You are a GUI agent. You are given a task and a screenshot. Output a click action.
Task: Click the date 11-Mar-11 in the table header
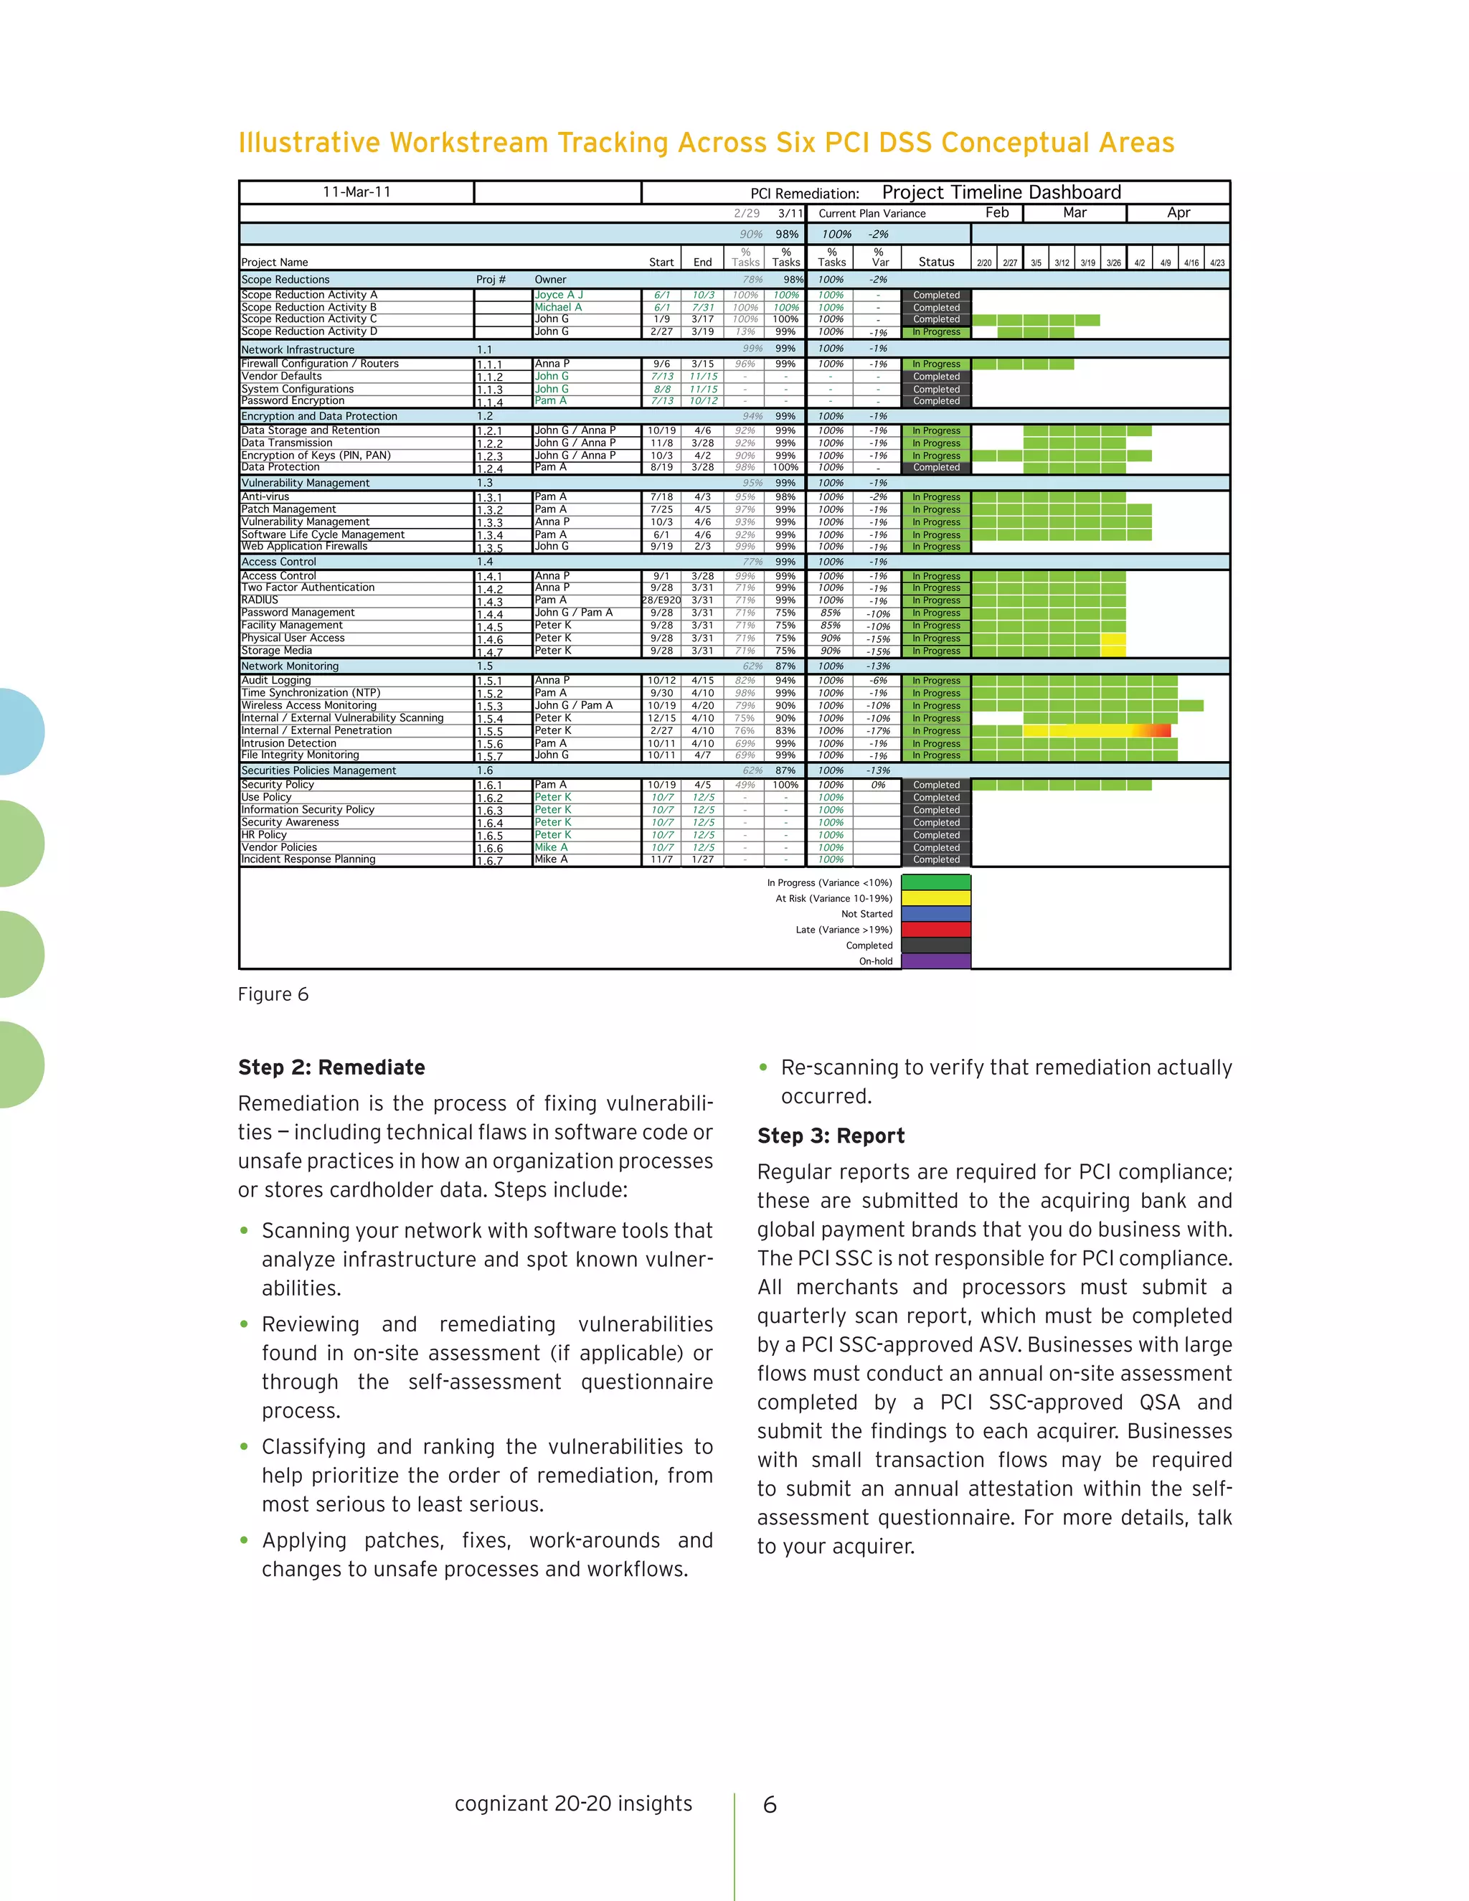tap(356, 192)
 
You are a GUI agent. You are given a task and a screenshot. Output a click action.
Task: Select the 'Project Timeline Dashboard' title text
tap(1001, 192)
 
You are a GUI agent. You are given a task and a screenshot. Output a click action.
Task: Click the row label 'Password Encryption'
tap(293, 401)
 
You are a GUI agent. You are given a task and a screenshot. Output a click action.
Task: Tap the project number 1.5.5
tap(489, 732)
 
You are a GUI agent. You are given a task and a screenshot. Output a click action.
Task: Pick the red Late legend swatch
tap(935, 930)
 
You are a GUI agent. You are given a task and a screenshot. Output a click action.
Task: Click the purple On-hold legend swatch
tap(935, 961)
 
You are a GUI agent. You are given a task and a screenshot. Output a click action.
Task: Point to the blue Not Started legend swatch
tap(935, 914)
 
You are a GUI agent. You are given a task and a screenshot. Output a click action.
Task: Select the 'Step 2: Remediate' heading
tap(331, 1067)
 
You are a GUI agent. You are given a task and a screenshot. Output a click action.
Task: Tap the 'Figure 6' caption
tap(273, 994)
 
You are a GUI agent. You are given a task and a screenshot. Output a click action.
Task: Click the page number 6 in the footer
tap(770, 1804)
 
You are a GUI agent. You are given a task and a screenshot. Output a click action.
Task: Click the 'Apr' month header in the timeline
tap(1178, 213)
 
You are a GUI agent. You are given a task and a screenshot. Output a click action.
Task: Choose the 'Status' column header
tap(936, 262)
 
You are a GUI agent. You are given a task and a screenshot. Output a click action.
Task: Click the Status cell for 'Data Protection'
tap(936, 468)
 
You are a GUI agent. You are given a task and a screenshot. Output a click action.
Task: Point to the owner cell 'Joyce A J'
tap(559, 295)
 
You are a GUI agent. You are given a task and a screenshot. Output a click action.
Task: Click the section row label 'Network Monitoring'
tap(290, 666)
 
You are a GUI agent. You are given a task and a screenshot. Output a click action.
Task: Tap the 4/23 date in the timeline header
tap(1217, 263)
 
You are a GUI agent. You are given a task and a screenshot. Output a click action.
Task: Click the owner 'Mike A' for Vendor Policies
tap(551, 847)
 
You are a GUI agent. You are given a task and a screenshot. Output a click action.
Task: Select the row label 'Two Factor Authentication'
tap(307, 588)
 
